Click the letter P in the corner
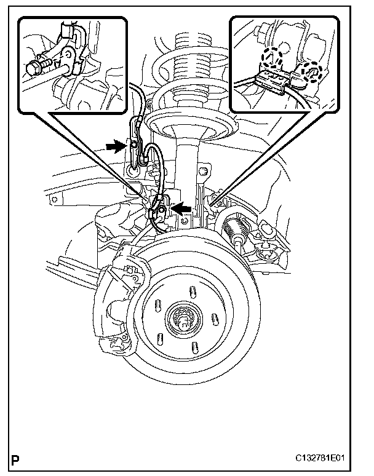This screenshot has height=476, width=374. coord(15,459)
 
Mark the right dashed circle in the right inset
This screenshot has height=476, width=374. coord(312,71)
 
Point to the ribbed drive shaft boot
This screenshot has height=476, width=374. coord(236,234)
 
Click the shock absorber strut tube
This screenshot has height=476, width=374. coord(185,166)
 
